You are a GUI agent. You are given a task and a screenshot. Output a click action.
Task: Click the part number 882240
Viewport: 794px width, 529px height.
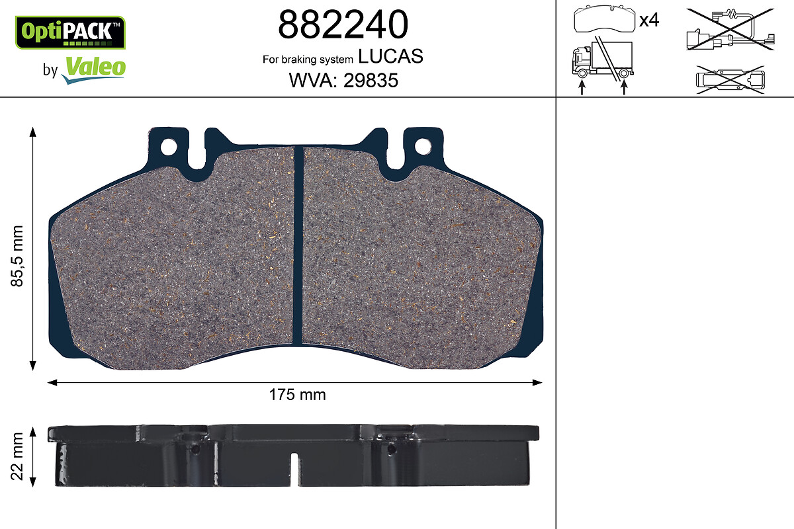[343, 24]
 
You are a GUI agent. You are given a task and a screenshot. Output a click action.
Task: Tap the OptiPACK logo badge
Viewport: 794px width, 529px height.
[70, 32]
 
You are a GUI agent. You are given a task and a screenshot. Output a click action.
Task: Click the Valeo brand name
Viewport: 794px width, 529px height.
[96, 67]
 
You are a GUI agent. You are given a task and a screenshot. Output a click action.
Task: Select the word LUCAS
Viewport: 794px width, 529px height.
[390, 56]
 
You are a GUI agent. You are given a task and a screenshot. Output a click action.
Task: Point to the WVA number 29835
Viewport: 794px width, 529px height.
[371, 81]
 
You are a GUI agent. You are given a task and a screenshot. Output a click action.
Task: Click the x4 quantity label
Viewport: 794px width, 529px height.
[649, 20]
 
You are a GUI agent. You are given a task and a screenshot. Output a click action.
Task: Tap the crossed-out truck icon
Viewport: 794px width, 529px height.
[603, 58]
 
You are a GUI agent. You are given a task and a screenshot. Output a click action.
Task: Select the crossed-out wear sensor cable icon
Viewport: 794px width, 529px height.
[730, 30]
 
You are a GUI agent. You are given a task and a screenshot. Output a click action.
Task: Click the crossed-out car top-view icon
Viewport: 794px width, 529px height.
[730, 80]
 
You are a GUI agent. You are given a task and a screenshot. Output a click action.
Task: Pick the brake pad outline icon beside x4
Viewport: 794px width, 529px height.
[605, 19]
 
